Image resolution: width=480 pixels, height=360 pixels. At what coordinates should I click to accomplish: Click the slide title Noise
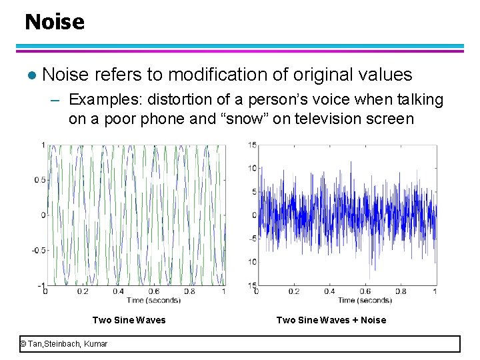pyautogui.click(x=55, y=22)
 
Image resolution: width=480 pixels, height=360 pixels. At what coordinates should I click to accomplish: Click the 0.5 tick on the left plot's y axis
pyautogui.click(x=41, y=180)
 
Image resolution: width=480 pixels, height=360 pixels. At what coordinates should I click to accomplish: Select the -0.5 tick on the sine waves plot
pyautogui.click(x=39, y=250)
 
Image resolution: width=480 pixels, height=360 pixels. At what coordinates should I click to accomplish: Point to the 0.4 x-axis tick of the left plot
pyautogui.click(x=118, y=291)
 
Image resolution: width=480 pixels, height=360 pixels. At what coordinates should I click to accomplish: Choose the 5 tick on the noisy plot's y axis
pyautogui.click(x=254, y=192)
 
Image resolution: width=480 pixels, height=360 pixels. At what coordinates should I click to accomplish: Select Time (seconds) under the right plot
pyautogui.click(x=364, y=301)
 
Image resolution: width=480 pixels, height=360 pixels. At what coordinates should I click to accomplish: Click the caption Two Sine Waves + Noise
pyautogui.click(x=331, y=320)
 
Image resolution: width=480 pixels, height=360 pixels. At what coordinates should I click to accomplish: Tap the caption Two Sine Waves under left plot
pyautogui.click(x=129, y=320)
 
